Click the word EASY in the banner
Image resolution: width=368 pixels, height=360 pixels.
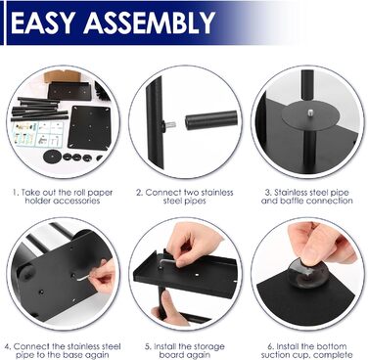coord(44,22)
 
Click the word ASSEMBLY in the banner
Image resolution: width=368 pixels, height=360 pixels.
coord(150,22)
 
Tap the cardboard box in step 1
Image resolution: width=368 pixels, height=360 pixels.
coord(63,76)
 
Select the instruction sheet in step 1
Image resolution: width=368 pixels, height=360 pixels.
coord(37,134)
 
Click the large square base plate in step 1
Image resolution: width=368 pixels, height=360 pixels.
coord(89,127)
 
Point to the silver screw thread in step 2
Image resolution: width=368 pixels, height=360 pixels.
coord(170,125)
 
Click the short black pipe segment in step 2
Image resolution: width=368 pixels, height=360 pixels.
coord(211,120)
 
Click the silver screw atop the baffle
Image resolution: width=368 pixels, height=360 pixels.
coord(308,112)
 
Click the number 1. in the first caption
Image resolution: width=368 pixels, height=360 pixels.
coord(16,193)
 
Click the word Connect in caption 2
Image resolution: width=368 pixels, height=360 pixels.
coord(163,193)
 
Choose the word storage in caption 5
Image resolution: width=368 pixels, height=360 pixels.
coord(207,346)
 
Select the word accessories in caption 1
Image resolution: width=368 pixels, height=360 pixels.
coord(76,201)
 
